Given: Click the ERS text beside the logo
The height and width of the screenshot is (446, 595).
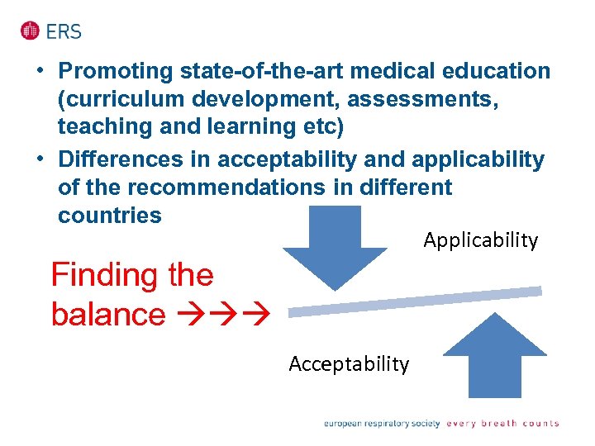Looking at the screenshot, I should (x=64, y=31).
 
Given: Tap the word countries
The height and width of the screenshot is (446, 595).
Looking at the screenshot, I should (x=109, y=216).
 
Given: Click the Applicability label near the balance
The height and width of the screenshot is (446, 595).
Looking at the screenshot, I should (x=480, y=240).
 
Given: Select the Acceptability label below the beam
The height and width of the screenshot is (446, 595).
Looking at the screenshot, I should (x=349, y=364).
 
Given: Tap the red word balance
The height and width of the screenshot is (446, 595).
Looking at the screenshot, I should (x=107, y=315).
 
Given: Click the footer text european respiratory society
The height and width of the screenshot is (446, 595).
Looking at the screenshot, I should (x=381, y=424).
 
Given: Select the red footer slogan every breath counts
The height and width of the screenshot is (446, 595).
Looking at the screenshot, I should (x=502, y=424).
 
